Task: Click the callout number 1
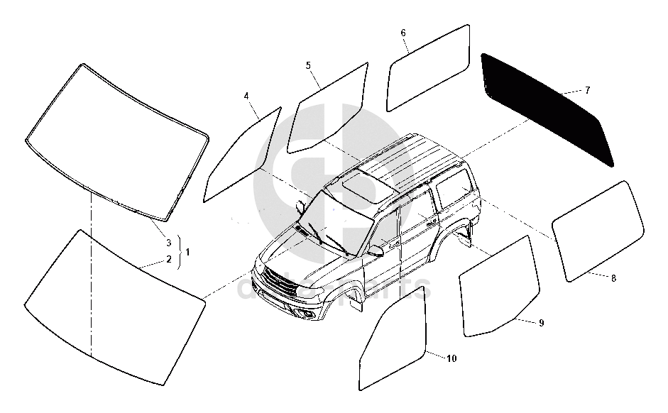click(x=187, y=250)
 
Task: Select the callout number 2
click(x=169, y=259)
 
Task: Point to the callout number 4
click(x=246, y=95)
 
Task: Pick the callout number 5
click(x=308, y=65)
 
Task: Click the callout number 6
click(x=403, y=33)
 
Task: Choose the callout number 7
click(x=587, y=90)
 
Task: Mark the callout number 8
click(x=613, y=278)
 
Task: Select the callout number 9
click(x=541, y=323)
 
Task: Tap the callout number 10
click(x=451, y=358)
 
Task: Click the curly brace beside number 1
click(x=179, y=251)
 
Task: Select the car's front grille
click(x=276, y=283)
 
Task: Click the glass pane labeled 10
click(x=395, y=341)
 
